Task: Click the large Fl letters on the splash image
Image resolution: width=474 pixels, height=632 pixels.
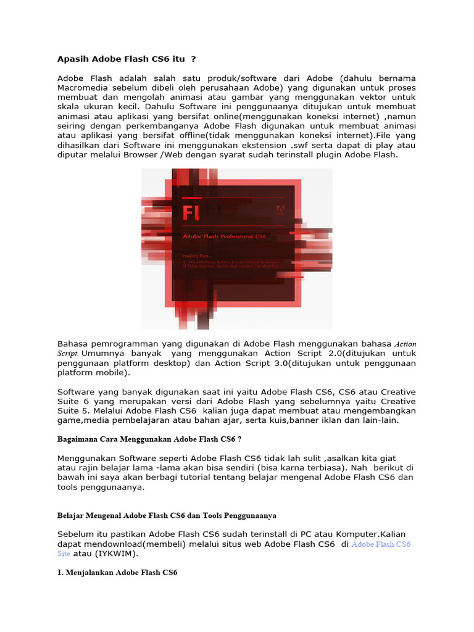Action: pos(195,213)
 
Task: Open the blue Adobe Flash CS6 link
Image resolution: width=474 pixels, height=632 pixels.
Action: pos(381,544)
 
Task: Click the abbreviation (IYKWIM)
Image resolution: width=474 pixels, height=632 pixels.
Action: pos(116,554)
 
